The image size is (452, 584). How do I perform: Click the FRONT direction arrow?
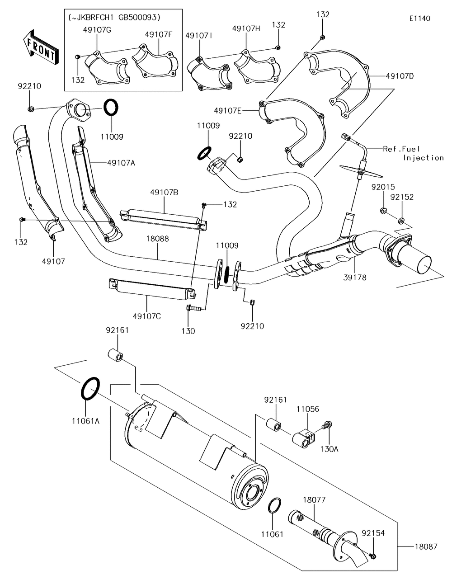(40, 48)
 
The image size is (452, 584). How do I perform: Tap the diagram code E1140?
(420, 19)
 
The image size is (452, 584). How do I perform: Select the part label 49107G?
(97, 30)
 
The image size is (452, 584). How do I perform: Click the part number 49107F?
(159, 34)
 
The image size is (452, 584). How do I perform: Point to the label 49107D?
(400, 76)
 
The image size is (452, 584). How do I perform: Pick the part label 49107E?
(228, 110)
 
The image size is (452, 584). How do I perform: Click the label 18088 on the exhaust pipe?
(157, 239)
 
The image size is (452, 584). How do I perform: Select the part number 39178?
(355, 278)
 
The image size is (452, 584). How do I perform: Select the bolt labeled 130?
(193, 308)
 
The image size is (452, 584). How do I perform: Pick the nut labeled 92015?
(383, 210)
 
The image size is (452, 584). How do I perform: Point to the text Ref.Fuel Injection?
(413, 153)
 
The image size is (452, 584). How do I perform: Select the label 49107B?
(164, 193)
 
